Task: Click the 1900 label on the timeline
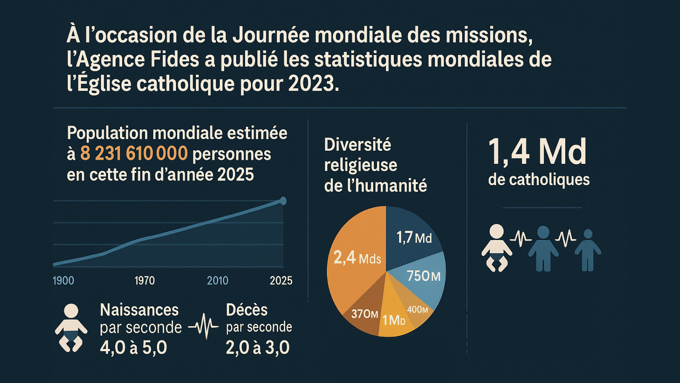(63, 281)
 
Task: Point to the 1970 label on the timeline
(144, 281)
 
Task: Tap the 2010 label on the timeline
(217, 281)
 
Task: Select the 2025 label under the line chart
(281, 281)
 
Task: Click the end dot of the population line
(283, 201)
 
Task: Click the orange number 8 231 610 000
(134, 154)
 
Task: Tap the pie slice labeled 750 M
(424, 276)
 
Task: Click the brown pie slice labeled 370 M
(364, 314)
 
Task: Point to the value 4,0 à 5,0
(134, 348)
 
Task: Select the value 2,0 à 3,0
(257, 348)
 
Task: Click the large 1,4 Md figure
(537, 152)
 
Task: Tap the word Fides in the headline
(175, 59)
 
